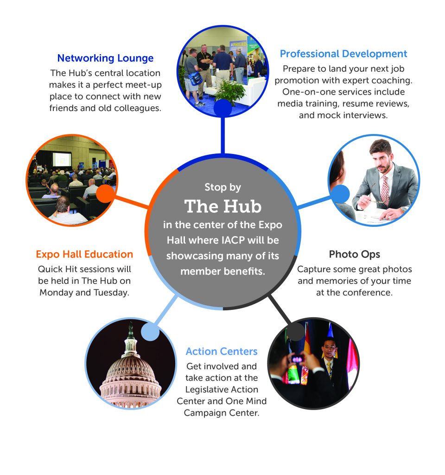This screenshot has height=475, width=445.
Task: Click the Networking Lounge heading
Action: (105, 58)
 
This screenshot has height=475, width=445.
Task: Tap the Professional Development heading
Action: (343, 54)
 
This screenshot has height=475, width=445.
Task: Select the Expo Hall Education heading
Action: (84, 254)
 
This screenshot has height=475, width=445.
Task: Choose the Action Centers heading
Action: (222, 351)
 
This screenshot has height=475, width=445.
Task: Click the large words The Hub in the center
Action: (223, 206)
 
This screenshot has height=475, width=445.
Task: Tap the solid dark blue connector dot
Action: (223, 108)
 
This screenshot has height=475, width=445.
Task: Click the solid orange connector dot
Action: (106, 193)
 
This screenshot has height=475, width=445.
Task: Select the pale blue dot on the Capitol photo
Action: (150, 332)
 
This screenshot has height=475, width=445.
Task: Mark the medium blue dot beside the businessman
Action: (340, 194)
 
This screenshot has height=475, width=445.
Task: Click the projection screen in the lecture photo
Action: (62, 159)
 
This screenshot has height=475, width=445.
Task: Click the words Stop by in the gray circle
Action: (223, 187)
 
